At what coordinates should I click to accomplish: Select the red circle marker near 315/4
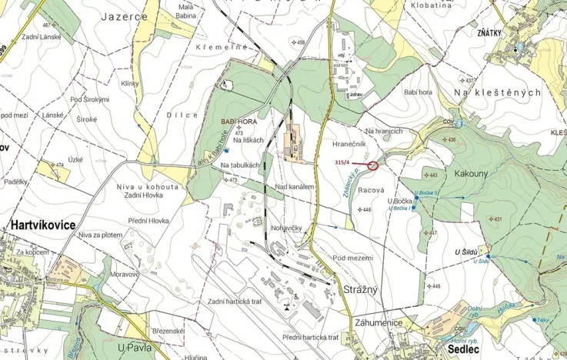374,165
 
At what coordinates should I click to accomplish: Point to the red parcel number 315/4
343,162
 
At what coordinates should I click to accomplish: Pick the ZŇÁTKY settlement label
511,33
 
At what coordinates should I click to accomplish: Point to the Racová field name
371,189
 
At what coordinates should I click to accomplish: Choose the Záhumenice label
379,322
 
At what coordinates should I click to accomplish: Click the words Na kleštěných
498,92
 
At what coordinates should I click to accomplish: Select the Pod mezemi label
352,258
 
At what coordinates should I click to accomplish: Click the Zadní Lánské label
42,37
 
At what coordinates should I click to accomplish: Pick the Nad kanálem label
295,187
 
